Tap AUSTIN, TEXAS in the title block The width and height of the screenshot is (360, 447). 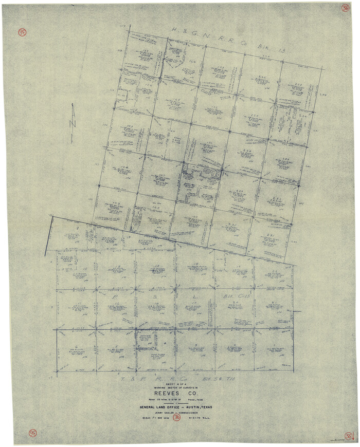point(197,407)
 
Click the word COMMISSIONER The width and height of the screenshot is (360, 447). point(191,413)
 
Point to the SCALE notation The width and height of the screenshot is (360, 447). point(149,418)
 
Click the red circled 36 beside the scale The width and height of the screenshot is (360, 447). point(177,418)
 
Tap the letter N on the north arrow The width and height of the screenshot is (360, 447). point(73,124)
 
